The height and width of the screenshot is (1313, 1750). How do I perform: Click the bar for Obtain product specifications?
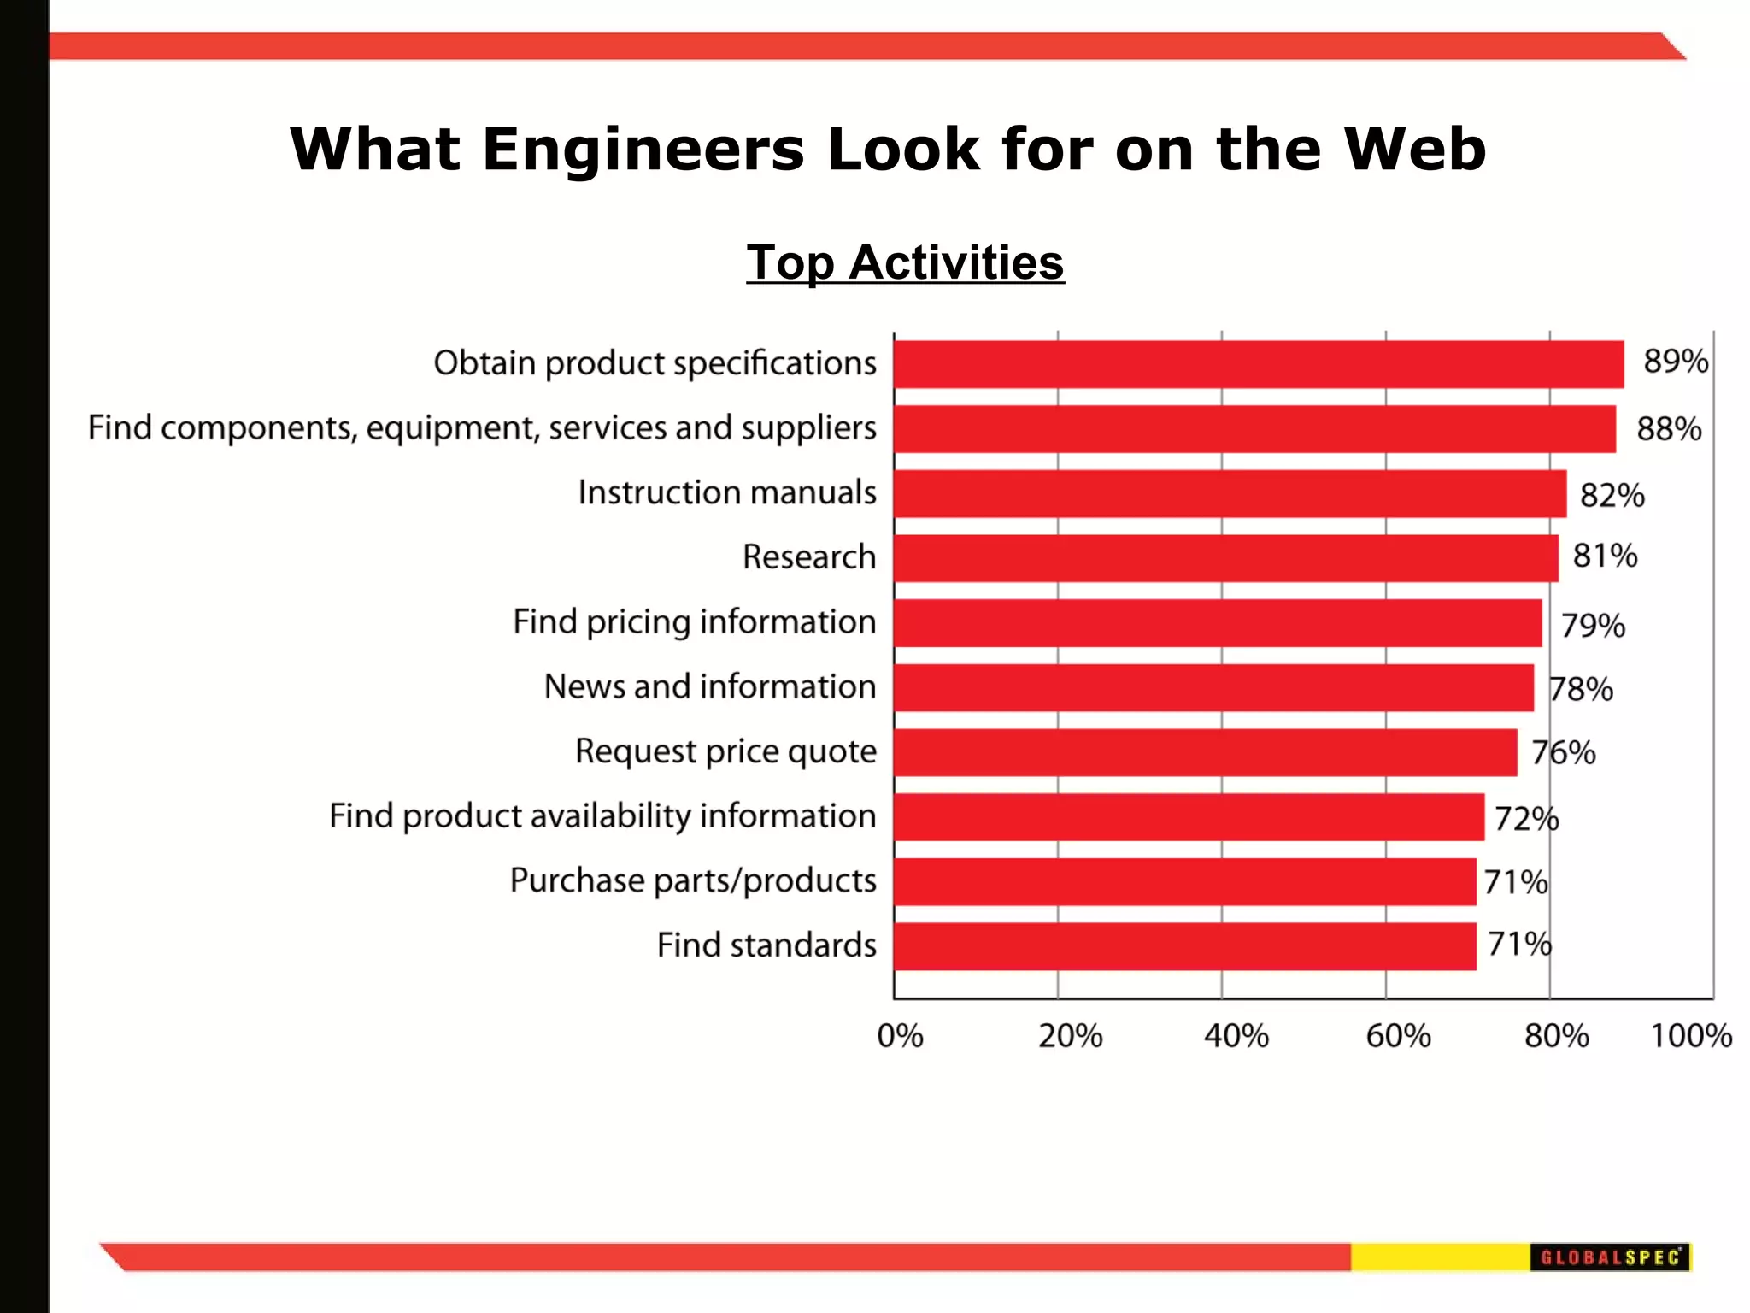(1258, 364)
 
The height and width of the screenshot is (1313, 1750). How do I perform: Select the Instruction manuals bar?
(1230, 493)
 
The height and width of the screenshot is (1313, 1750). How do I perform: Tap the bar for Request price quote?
(1205, 752)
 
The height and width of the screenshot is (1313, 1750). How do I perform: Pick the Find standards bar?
(1184, 946)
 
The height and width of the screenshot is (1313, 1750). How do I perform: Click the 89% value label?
(1676, 362)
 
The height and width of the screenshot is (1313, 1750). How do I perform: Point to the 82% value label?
(1612, 496)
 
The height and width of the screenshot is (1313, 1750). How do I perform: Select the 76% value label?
(1563, 753)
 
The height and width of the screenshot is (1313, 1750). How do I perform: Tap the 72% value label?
(1526, 819)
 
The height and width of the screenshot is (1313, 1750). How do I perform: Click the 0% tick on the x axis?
(900, 1036)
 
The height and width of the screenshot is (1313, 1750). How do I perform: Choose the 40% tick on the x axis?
(1236, 1036)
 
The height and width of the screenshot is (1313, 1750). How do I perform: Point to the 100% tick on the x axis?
(1690, 1036)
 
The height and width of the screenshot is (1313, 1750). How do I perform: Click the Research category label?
(808, 557)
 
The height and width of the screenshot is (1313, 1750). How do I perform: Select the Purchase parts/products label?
(693, 880)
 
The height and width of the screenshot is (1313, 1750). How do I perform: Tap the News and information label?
(710, 686)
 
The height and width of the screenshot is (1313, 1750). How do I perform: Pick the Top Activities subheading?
(905, 262)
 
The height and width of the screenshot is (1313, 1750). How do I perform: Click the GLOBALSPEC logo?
(1610, 1257)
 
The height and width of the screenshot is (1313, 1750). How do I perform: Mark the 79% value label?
(1593, 626)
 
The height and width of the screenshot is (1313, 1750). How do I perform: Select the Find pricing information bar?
(1218, 623)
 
